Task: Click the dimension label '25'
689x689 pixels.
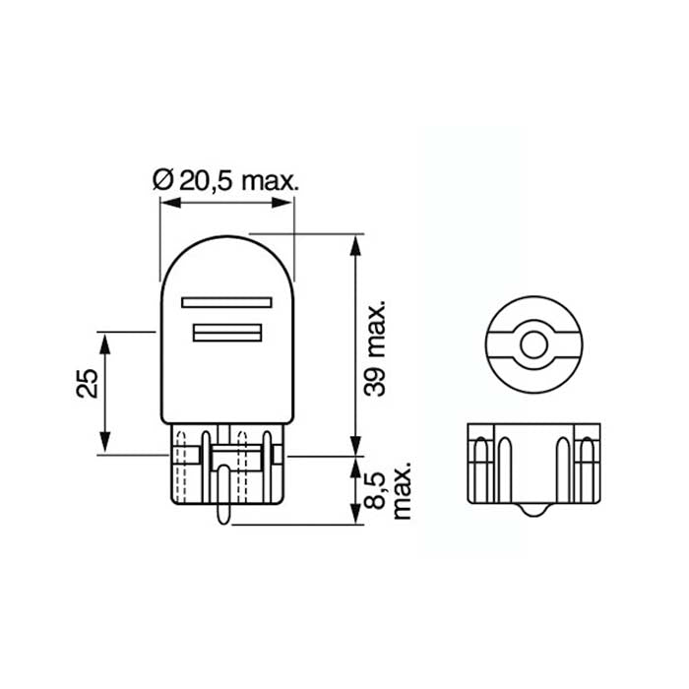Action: click(x=87, y=383)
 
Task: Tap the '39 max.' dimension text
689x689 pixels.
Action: click(x=375, y=348)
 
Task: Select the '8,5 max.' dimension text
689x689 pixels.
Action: click(x=388, y=490)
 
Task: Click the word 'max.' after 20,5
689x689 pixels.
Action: click(x=271, y=180)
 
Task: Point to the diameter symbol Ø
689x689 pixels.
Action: click(x=163, y=179)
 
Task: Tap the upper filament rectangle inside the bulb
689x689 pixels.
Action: click(x=226, y=302)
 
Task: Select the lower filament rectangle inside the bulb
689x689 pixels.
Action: click(x=227, y=333)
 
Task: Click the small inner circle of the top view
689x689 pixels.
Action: click(x=533, y=344)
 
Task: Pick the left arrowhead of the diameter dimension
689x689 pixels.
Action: click(x=170, y=203)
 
